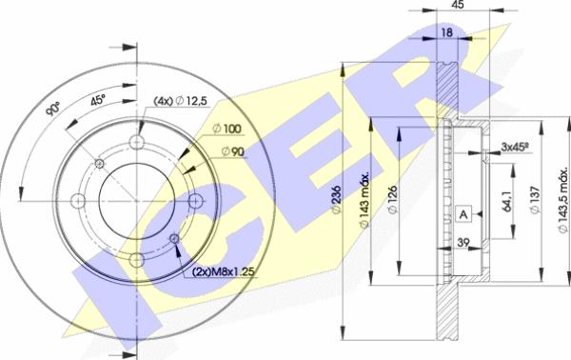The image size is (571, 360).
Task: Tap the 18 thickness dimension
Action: coord(447,32)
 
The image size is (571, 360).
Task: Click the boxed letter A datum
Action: coord(463,214)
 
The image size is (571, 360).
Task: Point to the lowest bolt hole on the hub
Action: coord(136,260)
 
